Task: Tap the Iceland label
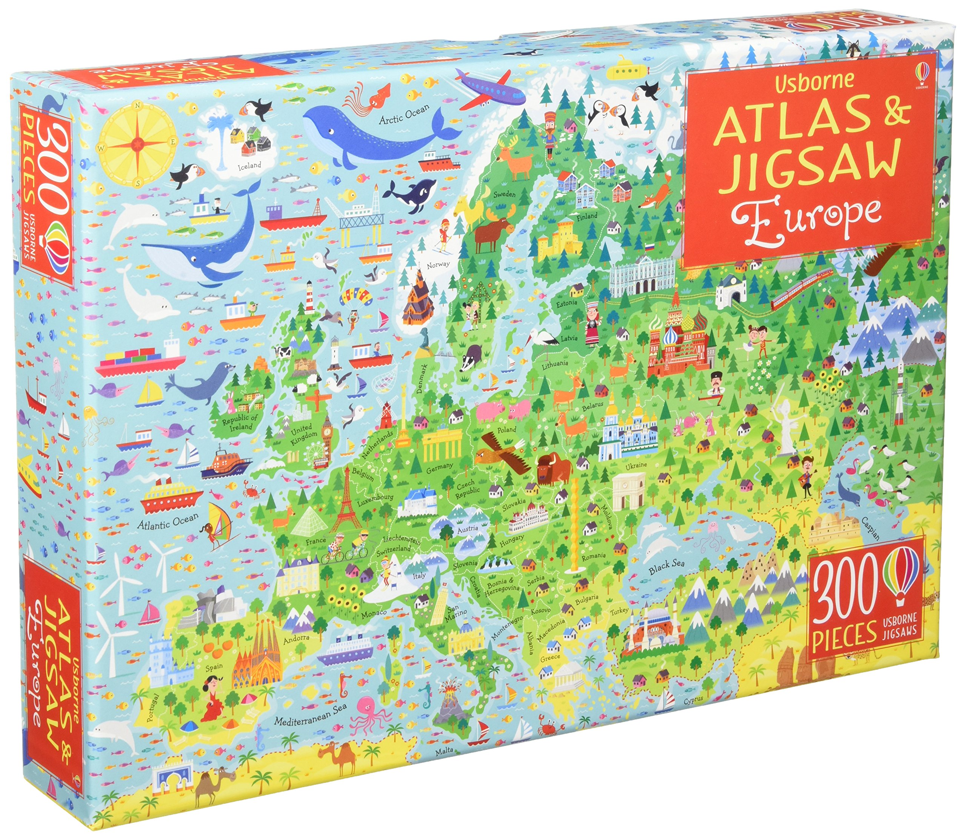click(249, 165)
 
